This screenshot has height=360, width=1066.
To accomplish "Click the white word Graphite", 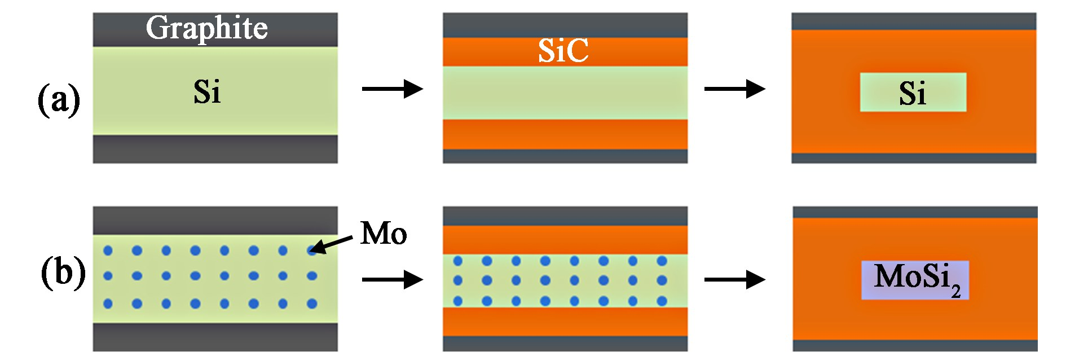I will [206, 28].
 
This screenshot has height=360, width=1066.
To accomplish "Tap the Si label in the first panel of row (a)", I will [207, 92].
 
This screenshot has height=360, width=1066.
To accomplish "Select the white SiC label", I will [563, 51].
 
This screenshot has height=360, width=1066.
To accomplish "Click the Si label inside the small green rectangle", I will [912, 93].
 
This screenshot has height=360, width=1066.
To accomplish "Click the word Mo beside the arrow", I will [384, 233].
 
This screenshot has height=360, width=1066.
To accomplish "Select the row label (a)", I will [59, 100].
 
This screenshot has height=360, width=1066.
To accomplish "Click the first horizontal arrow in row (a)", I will [393, 89].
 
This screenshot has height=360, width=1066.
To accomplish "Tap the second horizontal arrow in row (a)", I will [735, 89].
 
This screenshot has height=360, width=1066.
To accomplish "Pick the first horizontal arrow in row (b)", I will [393, 279].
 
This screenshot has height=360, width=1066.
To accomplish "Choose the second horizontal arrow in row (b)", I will [735, 279].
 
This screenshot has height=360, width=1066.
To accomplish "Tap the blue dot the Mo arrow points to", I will [312, 251].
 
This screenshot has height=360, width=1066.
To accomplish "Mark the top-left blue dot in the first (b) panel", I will [108, 251].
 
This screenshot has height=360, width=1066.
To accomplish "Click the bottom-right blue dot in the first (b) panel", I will [312, 304].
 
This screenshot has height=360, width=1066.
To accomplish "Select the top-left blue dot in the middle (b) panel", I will [458, 261].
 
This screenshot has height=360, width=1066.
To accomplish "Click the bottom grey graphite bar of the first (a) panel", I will [215, 149].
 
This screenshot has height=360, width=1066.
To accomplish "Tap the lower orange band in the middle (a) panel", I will [565, 134].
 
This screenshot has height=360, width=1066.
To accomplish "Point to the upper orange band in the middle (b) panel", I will [565, 240].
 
